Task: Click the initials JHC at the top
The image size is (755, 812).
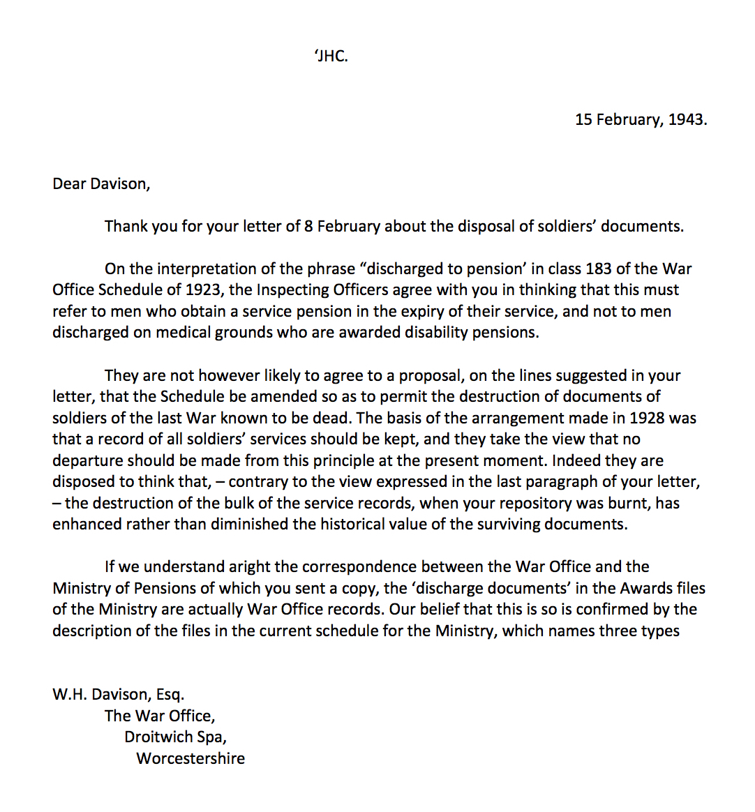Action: (332, 57)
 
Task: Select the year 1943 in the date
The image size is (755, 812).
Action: (687, 119)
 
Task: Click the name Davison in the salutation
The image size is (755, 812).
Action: (121, 184)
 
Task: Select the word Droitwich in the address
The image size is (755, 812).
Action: (158, 737)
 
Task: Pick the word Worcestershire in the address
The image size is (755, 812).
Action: (190, 759)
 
